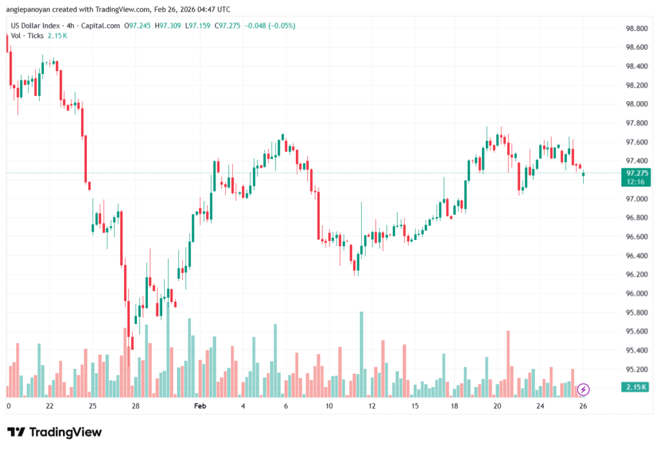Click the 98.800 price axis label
coord(636,28)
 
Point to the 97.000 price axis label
coord(636,199)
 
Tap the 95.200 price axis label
coord(636,370)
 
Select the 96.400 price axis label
coord(636,256)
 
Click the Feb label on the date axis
coord(200,406)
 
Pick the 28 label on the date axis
coord(136,406)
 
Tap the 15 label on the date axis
coord(415,406)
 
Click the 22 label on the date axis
coord(50,406)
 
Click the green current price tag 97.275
coord(636,173)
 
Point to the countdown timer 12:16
coord(636,182)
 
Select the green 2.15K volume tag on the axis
coord(636,387)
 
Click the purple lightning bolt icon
coord(583,389)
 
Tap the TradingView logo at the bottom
coord(55,433)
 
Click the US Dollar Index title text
coord(35,26)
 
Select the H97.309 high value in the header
coord(170,26)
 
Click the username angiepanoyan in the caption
coord(32,9)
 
